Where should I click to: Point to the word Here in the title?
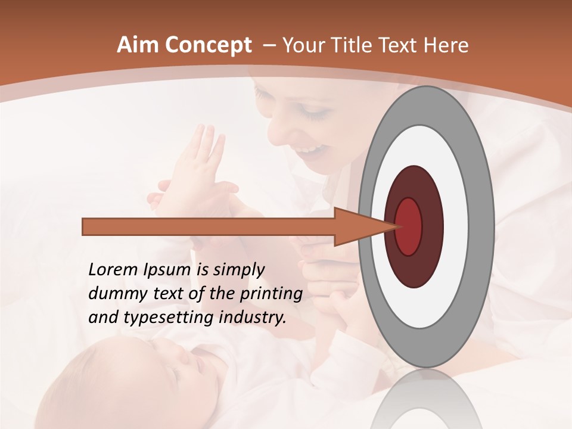click(447, 45)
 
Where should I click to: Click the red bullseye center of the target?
click(409, 226)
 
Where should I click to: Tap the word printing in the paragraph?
click(271, 294)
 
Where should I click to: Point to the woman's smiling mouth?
click(316, 147)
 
